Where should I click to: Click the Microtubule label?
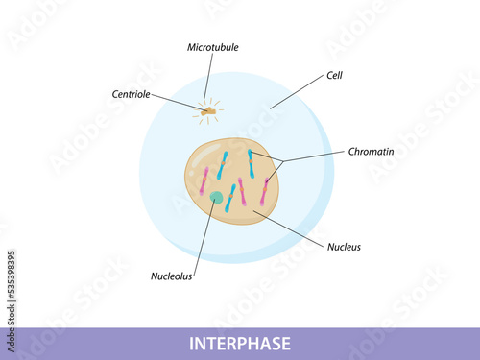[x=213, y=47]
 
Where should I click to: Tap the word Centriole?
[x=131, y=94]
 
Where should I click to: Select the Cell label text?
[x=334, y=75]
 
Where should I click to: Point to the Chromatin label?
[x=371, y=152]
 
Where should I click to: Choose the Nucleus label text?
[x=344, y=247]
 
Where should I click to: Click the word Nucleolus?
[x=171, y=276]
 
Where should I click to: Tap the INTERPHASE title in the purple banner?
[x=240, y=344]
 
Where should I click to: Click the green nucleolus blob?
[x=217, y=197]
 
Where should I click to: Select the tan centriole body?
[x=208, y=111]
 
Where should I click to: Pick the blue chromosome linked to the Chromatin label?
[x=252, y=163]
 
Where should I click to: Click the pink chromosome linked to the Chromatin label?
[x=265, y=191]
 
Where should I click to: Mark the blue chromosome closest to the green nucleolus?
[x=230, y=198]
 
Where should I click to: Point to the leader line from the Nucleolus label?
[x=204, y=239]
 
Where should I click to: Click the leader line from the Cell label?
[x=297, y=92]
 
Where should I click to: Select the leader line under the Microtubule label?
[x=208, y=76]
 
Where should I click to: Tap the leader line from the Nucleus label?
[x=288, y=228]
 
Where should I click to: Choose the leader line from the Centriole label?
[x=179, y=103]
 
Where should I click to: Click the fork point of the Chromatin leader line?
[x=283, y=161]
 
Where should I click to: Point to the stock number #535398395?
[x=12, y=275]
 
